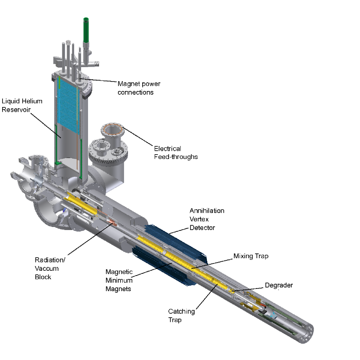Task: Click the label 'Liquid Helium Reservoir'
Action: (x=22, y=105)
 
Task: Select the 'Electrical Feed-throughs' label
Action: (x=176, y=152)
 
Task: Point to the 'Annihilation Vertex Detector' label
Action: (x=207, y=219)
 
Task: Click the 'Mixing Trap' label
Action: (x=251, y=256)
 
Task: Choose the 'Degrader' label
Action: (x=279, y=285)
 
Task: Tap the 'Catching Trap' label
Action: (x=181, y=315)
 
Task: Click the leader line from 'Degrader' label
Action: (x=249, y=288)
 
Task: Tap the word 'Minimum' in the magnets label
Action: (x=118, y=280)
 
